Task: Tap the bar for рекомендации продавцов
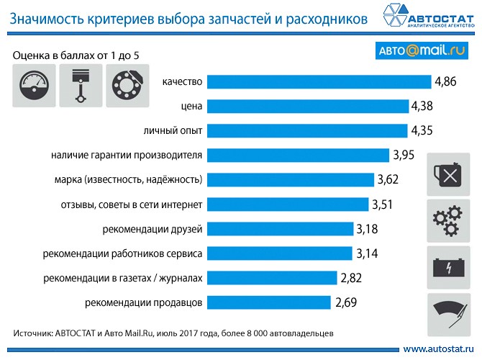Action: pos(269,302)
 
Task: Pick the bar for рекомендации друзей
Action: pos(280,228)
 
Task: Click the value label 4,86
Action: pos(446,81)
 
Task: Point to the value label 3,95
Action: pos(404,155)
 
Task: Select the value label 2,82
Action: pos(353,277)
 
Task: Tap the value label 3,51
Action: pos(384,204)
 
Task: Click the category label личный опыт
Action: pos(175,130)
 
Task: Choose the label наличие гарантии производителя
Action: pos(127,155)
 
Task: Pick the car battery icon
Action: pos(450,267)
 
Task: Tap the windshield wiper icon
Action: pos(450,314)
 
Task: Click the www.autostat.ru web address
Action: pos(439,348)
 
